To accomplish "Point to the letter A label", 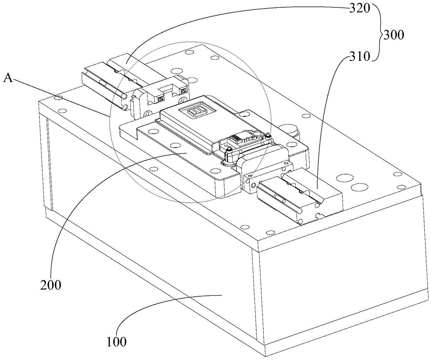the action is tap(8, 78).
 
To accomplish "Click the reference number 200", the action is tap(50, 285).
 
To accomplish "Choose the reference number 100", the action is tap(116, 342).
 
